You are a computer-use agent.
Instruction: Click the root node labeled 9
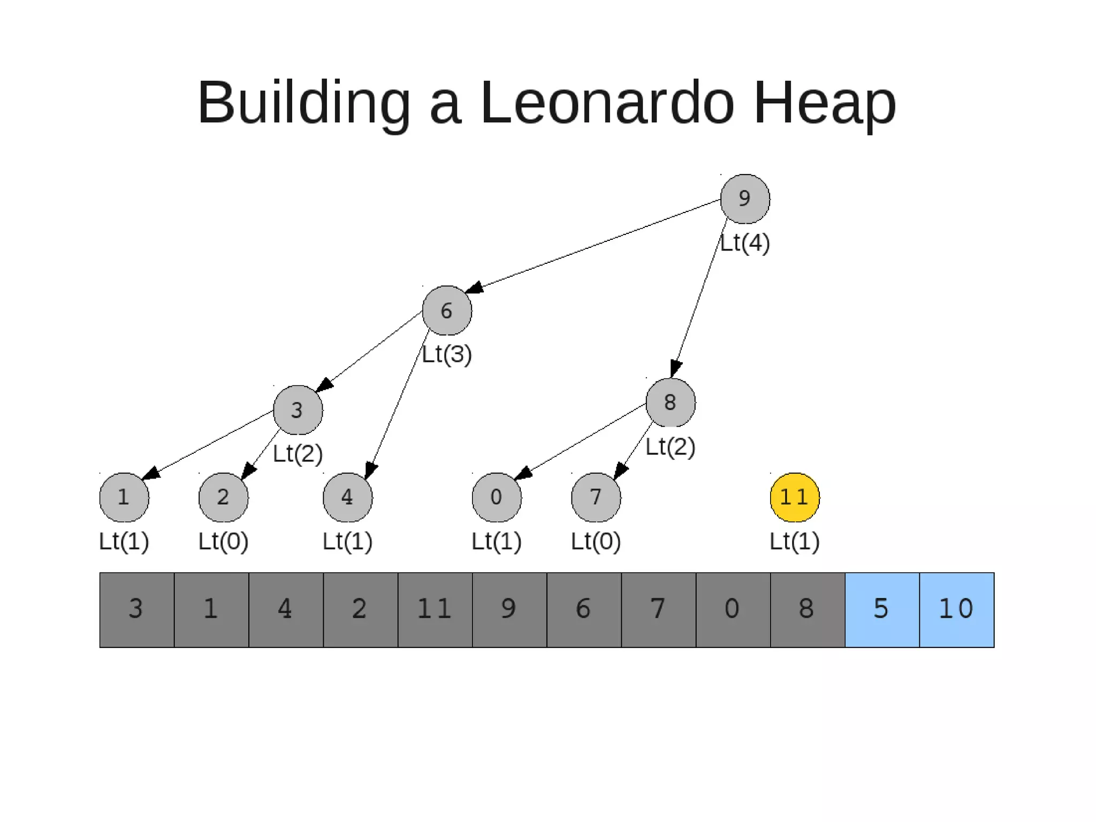[x=745, y=199]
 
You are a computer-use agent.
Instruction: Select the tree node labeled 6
[x=447, y=310]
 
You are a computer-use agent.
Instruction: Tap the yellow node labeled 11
[x=795, y=497]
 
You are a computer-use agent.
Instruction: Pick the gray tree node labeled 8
[x=671, y=402]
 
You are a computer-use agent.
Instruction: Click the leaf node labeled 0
[x=497, y=497]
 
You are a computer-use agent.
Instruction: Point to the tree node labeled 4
[x=348, y=497]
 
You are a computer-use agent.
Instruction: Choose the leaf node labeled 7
[x=596, y=497]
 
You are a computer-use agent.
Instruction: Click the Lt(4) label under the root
[x=745, y=243]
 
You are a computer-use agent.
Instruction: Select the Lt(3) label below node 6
[x=447, y=354]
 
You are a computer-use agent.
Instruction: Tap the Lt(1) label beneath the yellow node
[x=795, y=542]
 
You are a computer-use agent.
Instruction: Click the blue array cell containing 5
[x=882, y=610]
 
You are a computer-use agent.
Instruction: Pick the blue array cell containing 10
[x=957, y=610]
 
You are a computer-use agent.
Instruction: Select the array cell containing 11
[x=435, y=610]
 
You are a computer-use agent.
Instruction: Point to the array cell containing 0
[x=733, y=610]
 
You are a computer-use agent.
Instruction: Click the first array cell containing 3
[x=136, y=610]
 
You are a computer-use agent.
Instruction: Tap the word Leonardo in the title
[x=607, y=102]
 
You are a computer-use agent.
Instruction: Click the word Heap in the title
[x=825, y=102]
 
